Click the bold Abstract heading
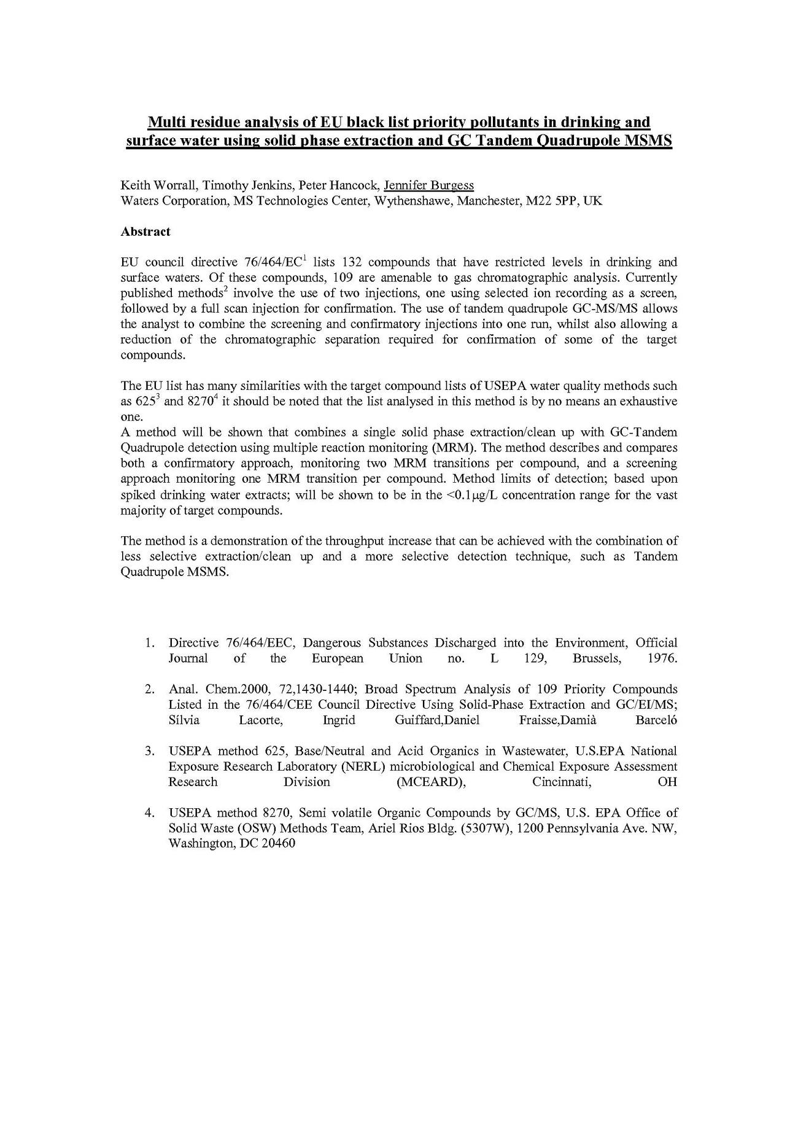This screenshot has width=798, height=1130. (145, 232)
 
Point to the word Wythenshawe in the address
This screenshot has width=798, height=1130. (410, 201)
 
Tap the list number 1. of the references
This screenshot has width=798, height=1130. (149, 642)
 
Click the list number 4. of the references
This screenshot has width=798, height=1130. (149, 812)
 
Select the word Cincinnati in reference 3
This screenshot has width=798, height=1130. (561, 782)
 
